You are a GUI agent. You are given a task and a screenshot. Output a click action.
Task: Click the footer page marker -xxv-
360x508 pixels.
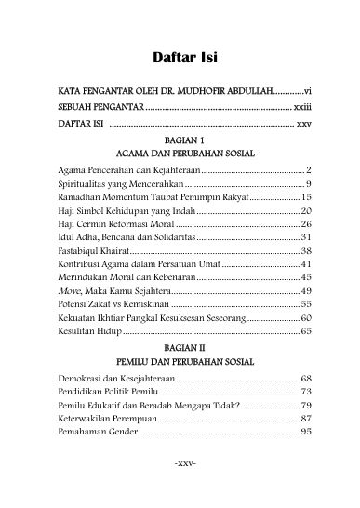tap(180, 487)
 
